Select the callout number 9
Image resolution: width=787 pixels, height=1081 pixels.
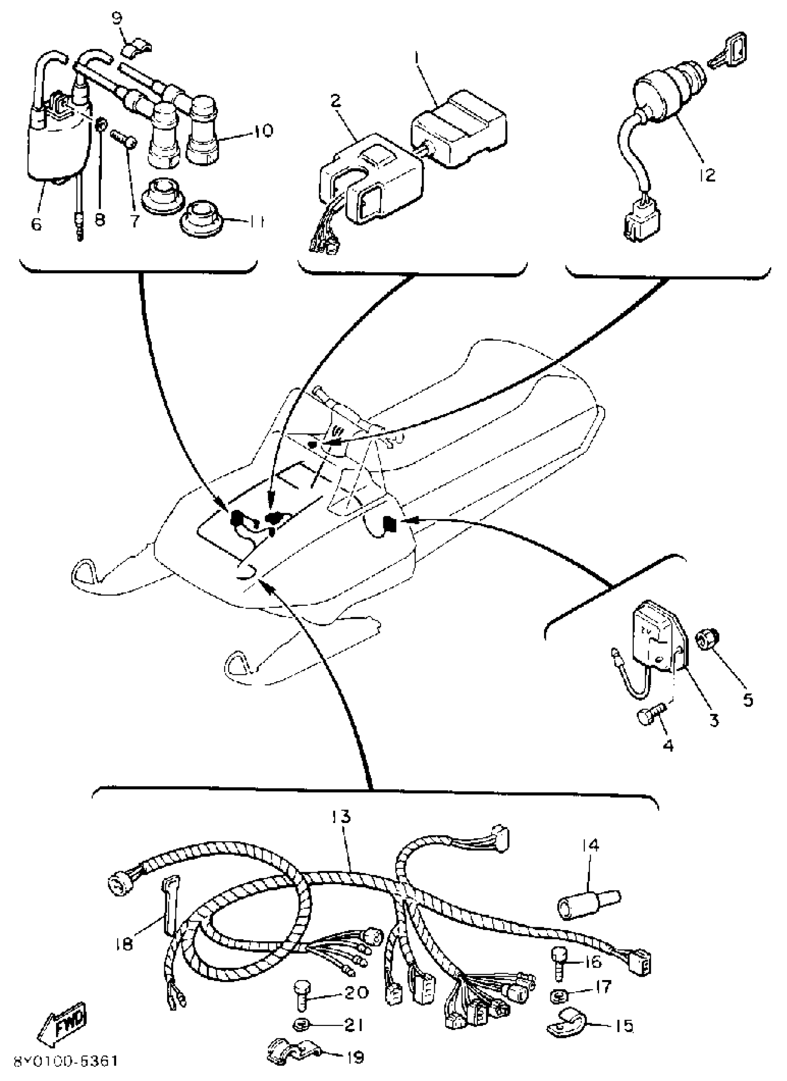117,19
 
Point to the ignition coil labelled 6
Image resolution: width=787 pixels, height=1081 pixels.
57,148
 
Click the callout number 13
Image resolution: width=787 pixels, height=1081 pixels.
341,817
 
